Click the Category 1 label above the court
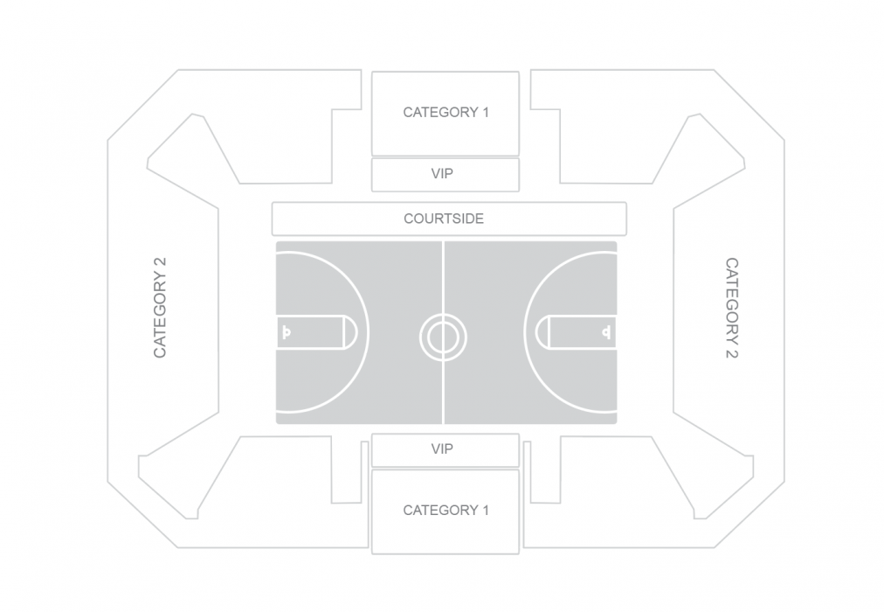(x=445, y=112)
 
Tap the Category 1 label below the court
(x=445, y=510)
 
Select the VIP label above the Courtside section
(x=443, y=174)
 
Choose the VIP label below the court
(x=443, y=449)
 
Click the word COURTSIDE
(x=444, y=219)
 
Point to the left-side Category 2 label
(x=160, y=308)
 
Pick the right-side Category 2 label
(x=731, y=308)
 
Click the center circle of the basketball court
(x=443, y=336)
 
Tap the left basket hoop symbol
(x=287, y=332)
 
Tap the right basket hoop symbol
(x=605, y=332)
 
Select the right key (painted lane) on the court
(x=572, y=332)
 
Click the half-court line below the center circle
(x=444, y=393)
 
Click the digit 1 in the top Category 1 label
(x=485, y=112)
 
